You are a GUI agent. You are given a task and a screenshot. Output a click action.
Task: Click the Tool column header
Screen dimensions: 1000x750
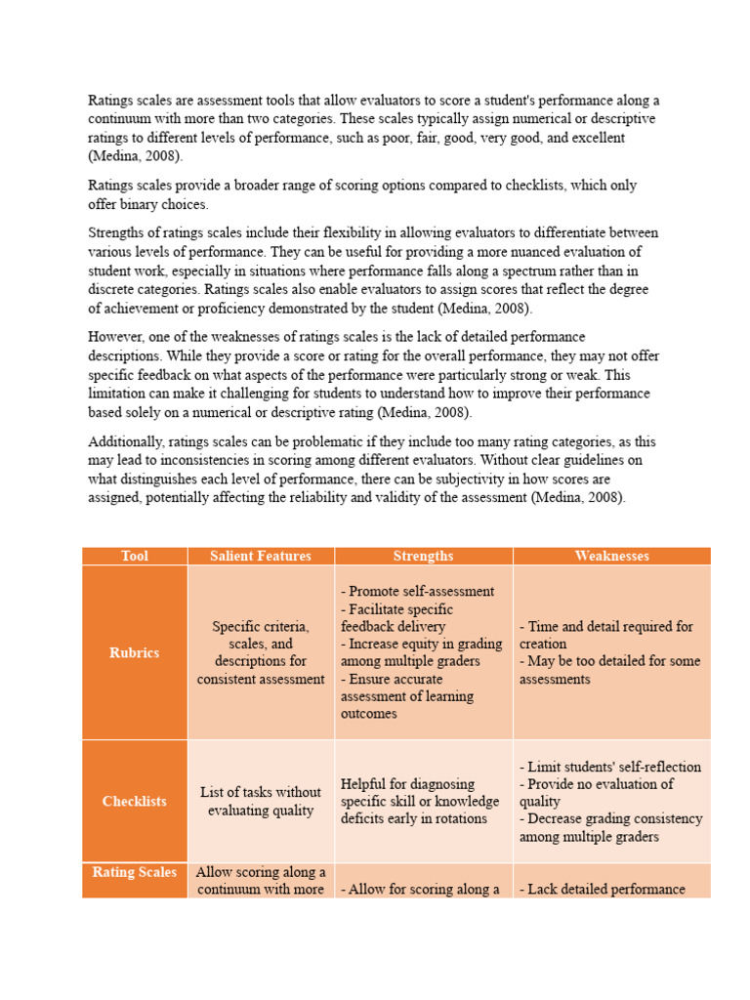click(x=135, y=556)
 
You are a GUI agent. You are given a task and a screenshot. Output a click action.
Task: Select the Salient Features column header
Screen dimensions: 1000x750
click(x=261, y=556)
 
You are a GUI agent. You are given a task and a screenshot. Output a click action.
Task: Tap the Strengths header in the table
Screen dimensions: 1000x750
click(x=423, y=556)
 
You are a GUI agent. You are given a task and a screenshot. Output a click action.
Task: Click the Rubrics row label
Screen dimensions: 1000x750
click(x=135, y=652)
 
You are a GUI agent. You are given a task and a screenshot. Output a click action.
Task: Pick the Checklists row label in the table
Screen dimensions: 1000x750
click(x=135, y=801)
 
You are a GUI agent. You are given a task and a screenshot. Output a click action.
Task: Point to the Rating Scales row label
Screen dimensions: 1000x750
click(x=135, y=872)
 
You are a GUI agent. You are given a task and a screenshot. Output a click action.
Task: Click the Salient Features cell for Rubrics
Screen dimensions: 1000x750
click(x=261, y=652)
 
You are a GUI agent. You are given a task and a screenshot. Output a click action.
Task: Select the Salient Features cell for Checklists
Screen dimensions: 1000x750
click(x=261, y=801)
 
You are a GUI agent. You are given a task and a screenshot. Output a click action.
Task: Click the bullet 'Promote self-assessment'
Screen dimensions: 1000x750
click(x=418, y=591)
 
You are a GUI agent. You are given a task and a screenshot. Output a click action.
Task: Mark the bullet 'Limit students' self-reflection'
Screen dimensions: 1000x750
click(x=610, y=767)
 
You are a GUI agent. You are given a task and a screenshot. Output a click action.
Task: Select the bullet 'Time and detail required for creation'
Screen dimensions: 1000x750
click(x=606, y=635)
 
